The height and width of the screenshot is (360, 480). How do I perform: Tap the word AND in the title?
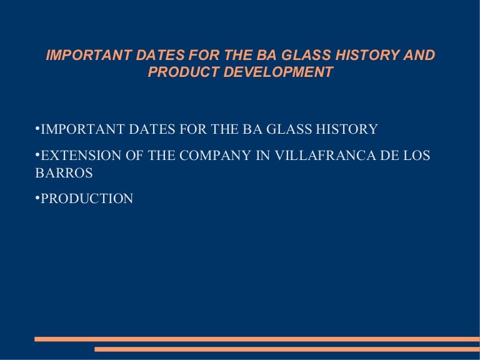point(419,56)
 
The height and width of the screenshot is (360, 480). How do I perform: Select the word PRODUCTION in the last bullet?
point(87,199)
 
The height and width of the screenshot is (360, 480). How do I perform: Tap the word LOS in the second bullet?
point(417,156)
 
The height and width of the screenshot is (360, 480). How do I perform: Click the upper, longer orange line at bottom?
point(257,339)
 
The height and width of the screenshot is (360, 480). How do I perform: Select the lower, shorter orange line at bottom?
point(287,349)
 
